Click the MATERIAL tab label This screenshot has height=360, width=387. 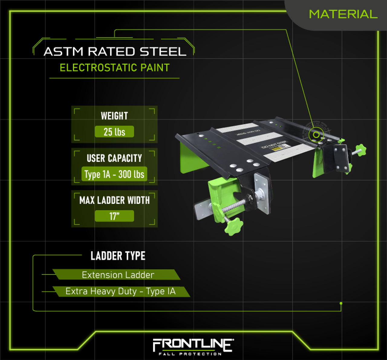343,14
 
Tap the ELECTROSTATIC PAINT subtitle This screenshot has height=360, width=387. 115,68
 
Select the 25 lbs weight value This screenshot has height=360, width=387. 114,132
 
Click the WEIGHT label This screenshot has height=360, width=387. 114,116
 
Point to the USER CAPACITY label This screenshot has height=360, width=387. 114,158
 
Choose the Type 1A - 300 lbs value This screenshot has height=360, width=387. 114,174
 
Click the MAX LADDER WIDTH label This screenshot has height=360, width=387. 114,200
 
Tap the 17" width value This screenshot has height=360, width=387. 114,216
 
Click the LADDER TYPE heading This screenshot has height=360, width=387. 118,256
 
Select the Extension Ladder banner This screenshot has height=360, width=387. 118,275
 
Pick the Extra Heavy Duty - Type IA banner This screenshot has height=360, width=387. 120,291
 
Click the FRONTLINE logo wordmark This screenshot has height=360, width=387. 193,345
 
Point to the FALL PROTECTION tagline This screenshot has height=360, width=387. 190,354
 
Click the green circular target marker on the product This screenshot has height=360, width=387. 316,135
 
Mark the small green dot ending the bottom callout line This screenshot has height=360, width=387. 341,303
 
